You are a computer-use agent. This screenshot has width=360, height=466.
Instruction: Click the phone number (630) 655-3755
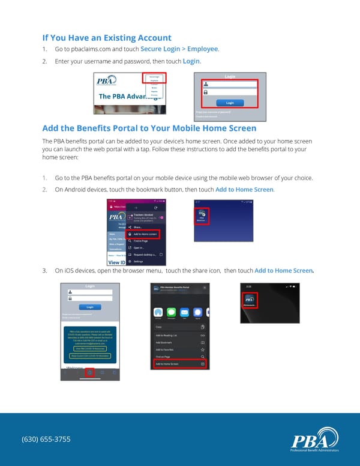(46, 439)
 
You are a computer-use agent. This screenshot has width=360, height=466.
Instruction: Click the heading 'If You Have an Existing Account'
(107, 38)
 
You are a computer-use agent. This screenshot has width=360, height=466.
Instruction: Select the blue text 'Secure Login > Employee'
(179, 49)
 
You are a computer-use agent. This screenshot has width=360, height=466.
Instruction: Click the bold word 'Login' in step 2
(191, 61)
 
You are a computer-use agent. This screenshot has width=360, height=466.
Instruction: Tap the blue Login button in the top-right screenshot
(230, 103)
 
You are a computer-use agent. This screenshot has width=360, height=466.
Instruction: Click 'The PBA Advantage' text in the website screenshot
(123, 97)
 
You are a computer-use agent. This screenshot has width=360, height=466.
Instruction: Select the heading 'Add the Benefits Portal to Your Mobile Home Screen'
(149, 128)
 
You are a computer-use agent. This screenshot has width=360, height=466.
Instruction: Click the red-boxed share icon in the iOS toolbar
(89, 373)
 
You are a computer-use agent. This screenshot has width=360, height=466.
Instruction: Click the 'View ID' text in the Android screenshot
(116, 262)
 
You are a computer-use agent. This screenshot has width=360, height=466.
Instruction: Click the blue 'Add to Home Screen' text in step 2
(244, 190)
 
